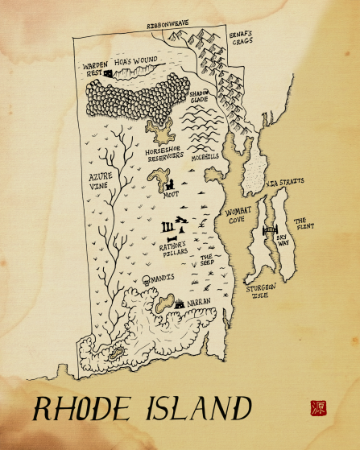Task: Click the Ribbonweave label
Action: click(x=168, y=26)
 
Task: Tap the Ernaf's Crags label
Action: click(x=240, y=39)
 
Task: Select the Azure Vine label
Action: click(x=101, y=178)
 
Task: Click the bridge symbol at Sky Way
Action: click(x=268, y=233)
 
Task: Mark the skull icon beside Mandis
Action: click(x=146, y=279)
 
